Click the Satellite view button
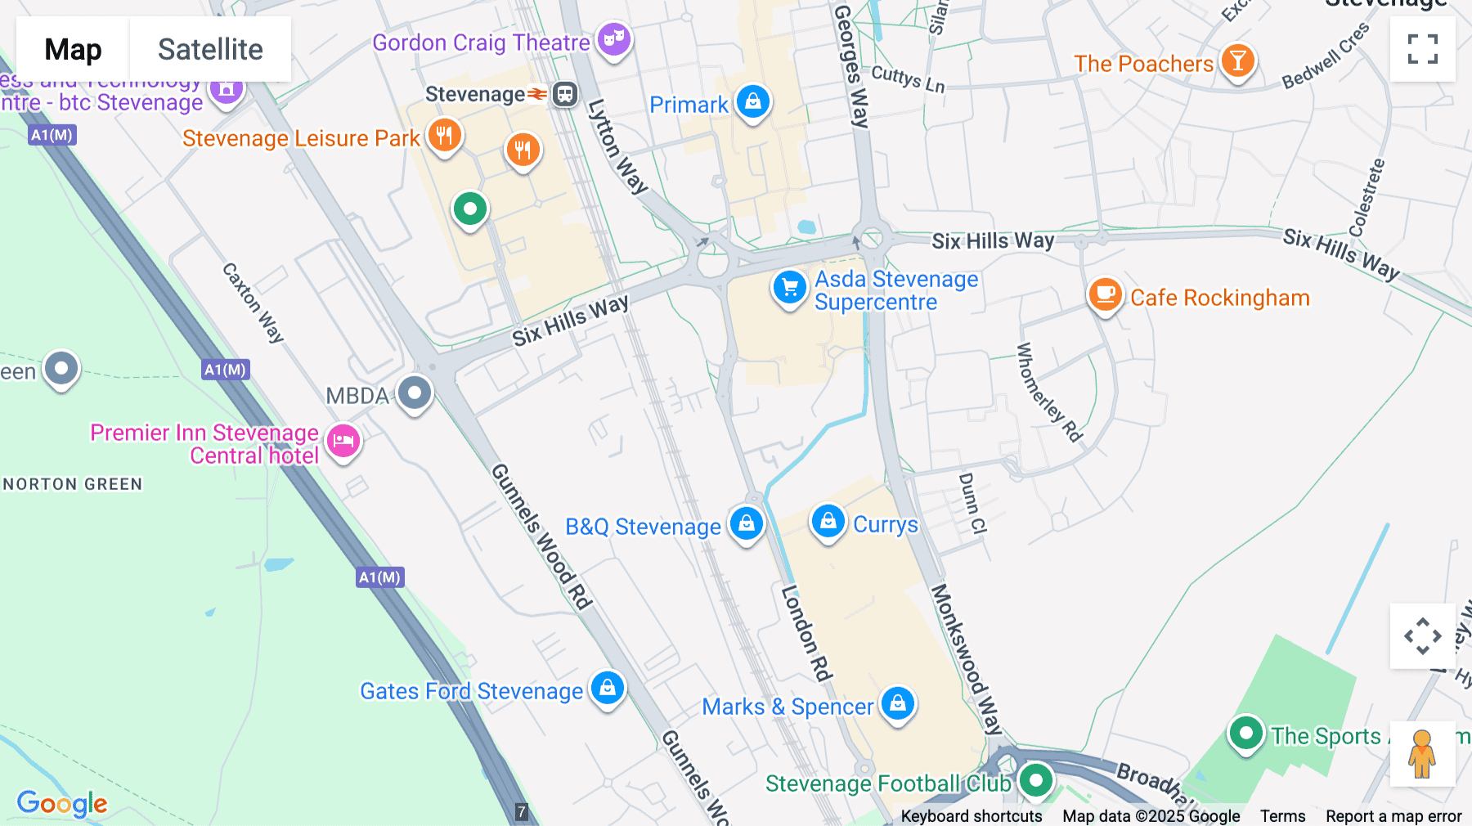(x=210, y=49)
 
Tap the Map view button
(x=73, y=49)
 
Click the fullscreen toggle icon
(x=1422, y=49)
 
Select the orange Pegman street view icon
(x=1422, y=753)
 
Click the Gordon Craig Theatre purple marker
(x=613, y=38)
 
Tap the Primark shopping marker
(x=752, y=101)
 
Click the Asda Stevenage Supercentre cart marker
(x=789, y=288)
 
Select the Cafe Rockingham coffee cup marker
(x=1105, y=294)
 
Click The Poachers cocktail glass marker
(x=1237, y=61)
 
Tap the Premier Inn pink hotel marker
(x=343, y=441)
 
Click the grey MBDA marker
(x=415, y=393)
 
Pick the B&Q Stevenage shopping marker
(x=746, y=523)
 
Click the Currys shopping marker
(x=828, y=521)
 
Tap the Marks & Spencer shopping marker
(x=897, y=703)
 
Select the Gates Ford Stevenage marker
(x=607, y=688)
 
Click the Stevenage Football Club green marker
(x=1035, y=780)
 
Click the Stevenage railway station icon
(x=565, y=94)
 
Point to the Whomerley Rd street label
(x=1048, y=393)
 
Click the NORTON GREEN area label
(x=73, y=484)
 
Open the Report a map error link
(x=1393, y=816)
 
